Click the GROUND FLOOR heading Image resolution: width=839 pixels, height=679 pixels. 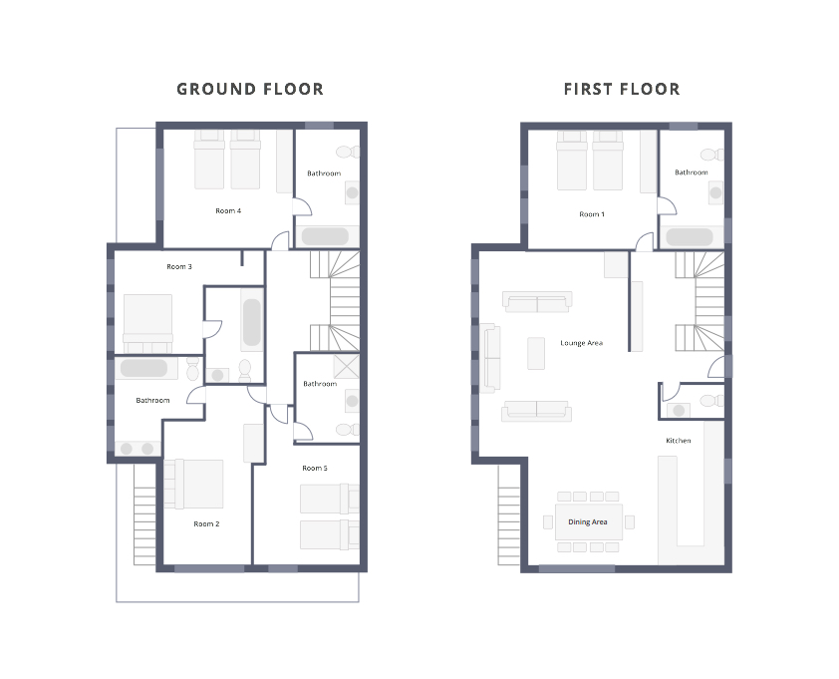(250, 89)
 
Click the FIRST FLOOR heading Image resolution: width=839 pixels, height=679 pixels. (622, 89)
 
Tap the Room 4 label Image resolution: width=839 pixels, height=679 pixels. (228, 211)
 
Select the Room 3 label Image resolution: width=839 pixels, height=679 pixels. (178, 266)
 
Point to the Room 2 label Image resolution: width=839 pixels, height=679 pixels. (206, 523)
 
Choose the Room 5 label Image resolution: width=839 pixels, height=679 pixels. (315, 468)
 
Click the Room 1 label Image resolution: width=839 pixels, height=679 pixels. (592, 214)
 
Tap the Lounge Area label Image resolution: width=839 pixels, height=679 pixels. (582, 343)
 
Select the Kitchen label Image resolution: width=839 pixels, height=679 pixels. (678, 441)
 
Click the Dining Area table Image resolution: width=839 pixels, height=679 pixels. (589, 521)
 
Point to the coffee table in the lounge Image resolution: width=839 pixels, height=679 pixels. (536, 353)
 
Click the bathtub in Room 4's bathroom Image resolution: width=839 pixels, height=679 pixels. (325, 236)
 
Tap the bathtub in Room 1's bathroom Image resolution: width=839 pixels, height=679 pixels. (690, 236)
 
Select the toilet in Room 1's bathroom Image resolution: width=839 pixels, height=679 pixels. (711, 156)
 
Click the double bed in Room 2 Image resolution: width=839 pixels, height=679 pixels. (193, 485)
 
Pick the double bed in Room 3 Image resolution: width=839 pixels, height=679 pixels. (148, 323)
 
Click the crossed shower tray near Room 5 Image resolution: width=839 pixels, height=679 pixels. (346, 366)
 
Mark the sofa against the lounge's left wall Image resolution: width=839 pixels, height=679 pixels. (489, 358)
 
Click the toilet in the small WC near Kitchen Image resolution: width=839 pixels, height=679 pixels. (711, 401)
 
